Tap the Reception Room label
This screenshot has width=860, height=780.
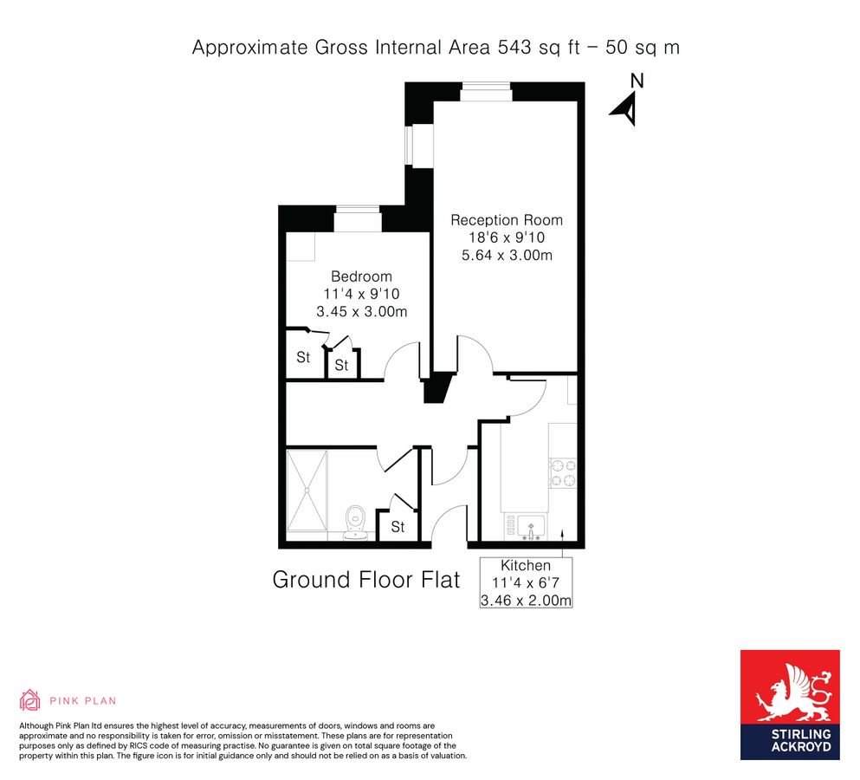tap(506, 220)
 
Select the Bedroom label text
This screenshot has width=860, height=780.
tap(361, 276)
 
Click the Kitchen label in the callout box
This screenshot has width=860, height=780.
tap(525, 565)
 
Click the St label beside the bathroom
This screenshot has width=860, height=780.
tap(398, 527)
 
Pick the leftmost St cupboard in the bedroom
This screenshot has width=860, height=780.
tap(303, 357)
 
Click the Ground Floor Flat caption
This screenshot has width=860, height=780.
tap(366, 580)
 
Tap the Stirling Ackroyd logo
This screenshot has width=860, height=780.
tap(790, 705)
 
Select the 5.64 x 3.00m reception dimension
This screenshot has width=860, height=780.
tap(506, 255)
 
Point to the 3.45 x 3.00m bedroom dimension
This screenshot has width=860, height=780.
tap(361, 311)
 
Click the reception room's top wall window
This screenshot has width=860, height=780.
tap(485, 89)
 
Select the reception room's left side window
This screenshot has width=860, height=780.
tap(414, 146)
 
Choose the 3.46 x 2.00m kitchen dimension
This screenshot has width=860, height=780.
tap(525, 600)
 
